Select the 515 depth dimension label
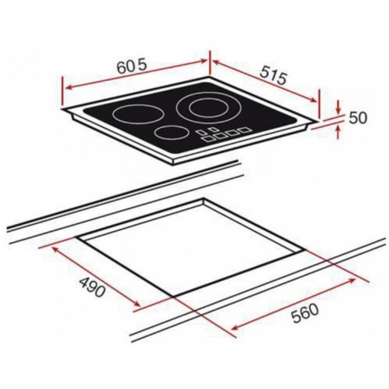[273, 75]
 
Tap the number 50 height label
[358, 118]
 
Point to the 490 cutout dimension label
[92, 287]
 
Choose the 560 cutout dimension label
[304, 314]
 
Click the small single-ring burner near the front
[170, 133]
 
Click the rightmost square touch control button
[244, 130]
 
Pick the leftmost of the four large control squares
[207, 139]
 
